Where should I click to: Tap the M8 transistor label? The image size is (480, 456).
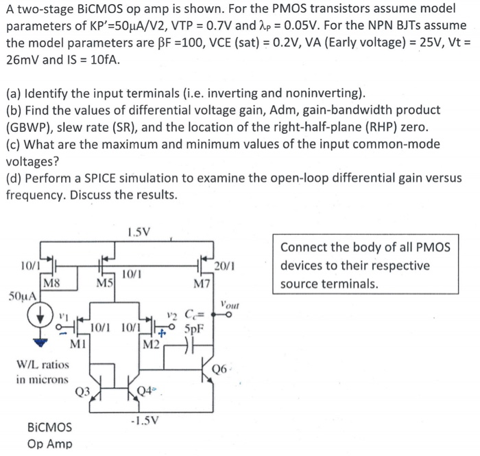coord(51,281)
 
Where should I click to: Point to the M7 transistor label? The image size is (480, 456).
coord(202,282)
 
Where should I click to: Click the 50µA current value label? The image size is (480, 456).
coord(21,297)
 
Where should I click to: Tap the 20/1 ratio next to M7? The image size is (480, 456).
coord(224,266)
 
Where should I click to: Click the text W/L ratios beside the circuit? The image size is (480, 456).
coord(42,365)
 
